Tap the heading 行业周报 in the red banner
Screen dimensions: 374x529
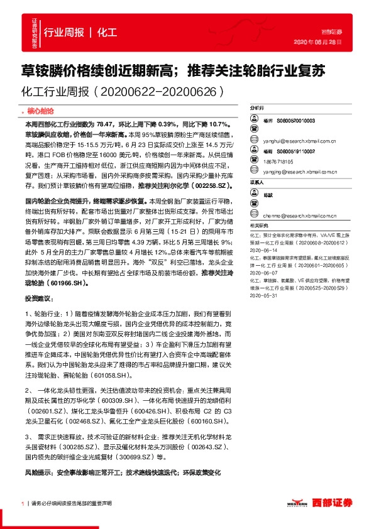tap(63, 31)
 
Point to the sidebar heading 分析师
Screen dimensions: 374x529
tap(257, 107)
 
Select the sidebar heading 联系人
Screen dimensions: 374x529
tap(257, 182)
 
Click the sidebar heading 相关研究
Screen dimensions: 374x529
tap(259, 224)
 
